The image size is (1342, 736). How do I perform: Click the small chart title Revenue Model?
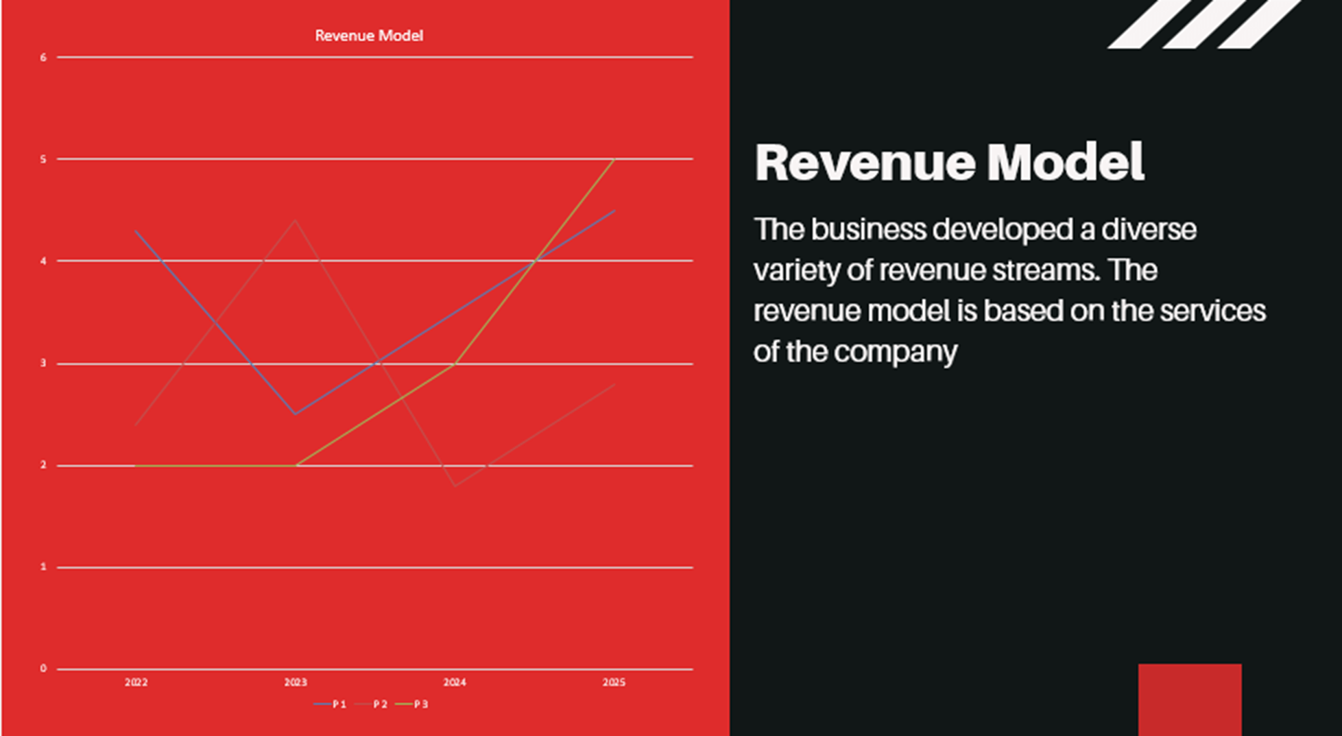[369, 36]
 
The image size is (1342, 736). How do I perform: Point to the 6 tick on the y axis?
[43, 58]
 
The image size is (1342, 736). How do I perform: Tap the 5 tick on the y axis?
[43, 159]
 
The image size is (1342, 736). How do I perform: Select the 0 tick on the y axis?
[43, 669]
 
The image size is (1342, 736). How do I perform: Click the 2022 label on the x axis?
[136, 682]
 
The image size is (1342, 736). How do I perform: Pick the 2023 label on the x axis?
[296, 682]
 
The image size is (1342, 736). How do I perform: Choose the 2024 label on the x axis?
[455, 682]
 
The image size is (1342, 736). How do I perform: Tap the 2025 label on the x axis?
[614, 682]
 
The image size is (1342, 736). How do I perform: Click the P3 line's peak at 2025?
[614, 159]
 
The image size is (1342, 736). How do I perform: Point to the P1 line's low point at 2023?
[296, 414]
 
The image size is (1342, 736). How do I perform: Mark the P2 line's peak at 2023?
[296, 220]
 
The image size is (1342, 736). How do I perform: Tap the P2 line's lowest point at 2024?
[455, 486]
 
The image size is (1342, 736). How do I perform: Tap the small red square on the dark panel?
[1190, 699]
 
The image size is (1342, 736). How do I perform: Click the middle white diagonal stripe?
[1204, 24]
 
